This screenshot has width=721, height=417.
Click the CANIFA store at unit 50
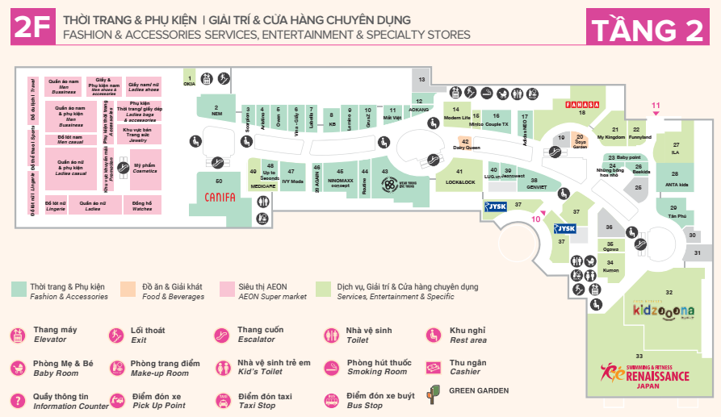[220, 196]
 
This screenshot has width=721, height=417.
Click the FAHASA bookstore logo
[581, 105]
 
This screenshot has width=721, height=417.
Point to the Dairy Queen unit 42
[466, 144]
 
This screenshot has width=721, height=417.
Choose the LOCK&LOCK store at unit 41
[460, 177]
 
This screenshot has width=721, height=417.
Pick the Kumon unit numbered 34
[611, 266]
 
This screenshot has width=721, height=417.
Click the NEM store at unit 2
[216, 111]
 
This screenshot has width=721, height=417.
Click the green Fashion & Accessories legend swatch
[19, 288]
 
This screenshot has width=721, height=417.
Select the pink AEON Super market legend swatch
[227, 288]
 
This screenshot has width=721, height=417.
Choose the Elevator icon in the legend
[18, 335]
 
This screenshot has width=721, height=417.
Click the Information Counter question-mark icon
[18, 401]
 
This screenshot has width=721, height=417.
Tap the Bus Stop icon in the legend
[331, 401]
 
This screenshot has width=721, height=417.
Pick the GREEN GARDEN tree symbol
[434, 393]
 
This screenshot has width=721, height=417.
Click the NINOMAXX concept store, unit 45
[340, 177]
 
